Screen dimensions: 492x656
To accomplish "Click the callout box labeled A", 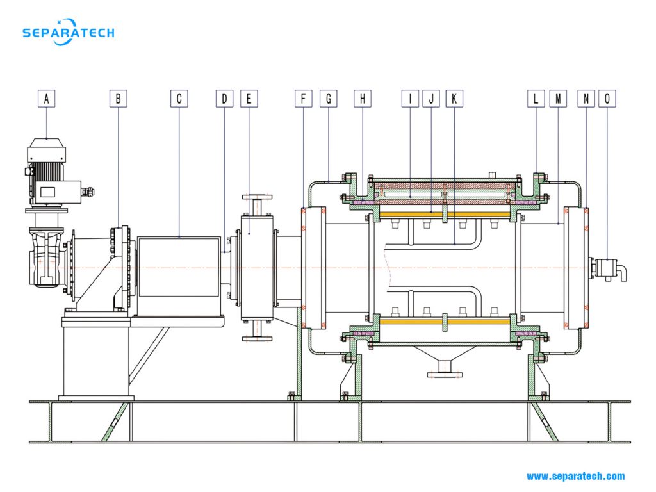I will [x=46, y=99].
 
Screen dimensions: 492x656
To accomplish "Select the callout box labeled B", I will [x=118, y=99].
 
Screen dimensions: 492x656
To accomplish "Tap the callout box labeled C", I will [x=179, y=99].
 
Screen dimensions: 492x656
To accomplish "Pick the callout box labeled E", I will [x=249, y=99].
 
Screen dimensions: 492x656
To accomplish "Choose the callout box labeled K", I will [x=454, y=99].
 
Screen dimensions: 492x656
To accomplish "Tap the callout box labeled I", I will [x=409, y=99].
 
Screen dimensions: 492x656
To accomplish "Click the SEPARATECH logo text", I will [x=68, y=33].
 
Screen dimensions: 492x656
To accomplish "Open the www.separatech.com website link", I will [x=575, y=476].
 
